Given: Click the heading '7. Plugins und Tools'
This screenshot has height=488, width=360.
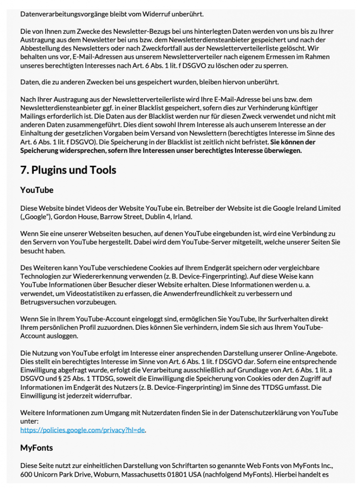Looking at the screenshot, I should [68, 170].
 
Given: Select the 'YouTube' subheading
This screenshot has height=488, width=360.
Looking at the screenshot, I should [37, 190].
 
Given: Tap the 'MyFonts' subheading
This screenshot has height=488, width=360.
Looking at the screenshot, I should [36, 448].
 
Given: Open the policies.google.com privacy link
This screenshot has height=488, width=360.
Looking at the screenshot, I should [82, 430].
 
